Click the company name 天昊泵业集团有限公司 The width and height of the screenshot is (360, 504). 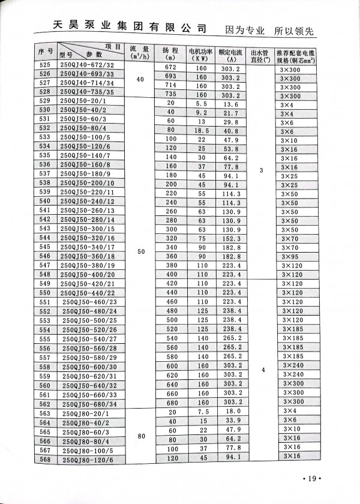(x=126, y=28)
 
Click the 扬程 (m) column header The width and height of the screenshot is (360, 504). (x=170, y=53)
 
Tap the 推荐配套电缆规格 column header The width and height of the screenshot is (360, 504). (x=299, y=55)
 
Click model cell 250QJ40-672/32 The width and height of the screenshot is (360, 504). (x=88, y=65)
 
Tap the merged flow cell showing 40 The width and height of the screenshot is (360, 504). (x=141, y=79)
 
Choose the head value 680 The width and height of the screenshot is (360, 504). (x=171, y=401)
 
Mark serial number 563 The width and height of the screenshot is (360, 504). (x=45, y=413)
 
